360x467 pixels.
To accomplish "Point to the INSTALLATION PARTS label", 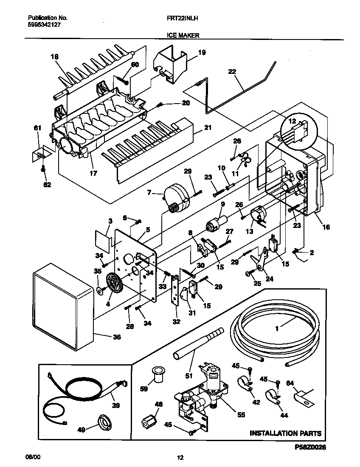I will (x=285, y=433).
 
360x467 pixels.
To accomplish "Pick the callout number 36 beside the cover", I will (x=116, y=337).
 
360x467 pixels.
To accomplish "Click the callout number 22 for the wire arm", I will (x=232, y=72).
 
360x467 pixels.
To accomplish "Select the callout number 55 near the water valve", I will (x=241, y=415).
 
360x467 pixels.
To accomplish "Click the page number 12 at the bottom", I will (x=180, y=458).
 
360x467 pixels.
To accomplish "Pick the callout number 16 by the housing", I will (x=326, y=227).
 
